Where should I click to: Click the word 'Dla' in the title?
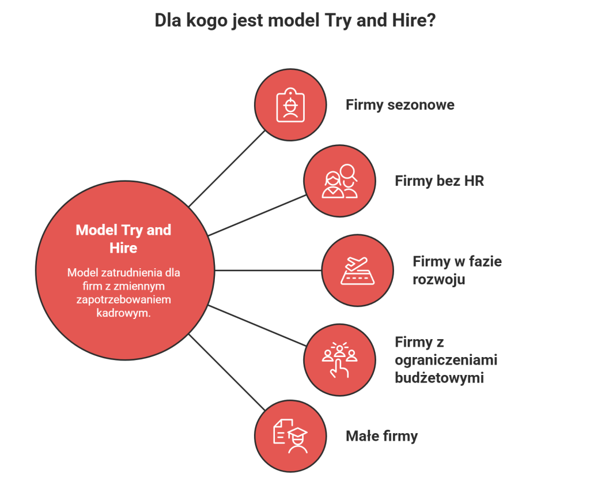pos(168,20)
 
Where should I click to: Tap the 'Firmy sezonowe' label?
pos(400,105)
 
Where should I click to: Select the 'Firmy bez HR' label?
pos(439,181)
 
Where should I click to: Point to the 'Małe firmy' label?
pos(381,436)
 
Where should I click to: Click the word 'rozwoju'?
pos(438,280)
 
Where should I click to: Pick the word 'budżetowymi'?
pos(439,378)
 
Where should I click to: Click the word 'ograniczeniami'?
pos(446,360)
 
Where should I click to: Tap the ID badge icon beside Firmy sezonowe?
pos(290,105)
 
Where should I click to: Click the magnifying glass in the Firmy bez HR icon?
pos(349,173)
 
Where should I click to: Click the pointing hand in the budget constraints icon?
pos(339,369)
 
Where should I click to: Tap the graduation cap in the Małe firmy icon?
pos(298,434)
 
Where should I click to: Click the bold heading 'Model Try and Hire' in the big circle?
pos(123,239)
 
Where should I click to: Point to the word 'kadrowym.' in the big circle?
pos(123,313)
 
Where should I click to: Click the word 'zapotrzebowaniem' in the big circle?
pos(123,299)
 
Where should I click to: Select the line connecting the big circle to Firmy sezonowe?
pos(227,169)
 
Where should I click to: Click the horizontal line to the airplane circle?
pos(268,270)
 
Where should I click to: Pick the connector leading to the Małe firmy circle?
pos(227,372)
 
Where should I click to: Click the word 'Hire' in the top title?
pos(409,20)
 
